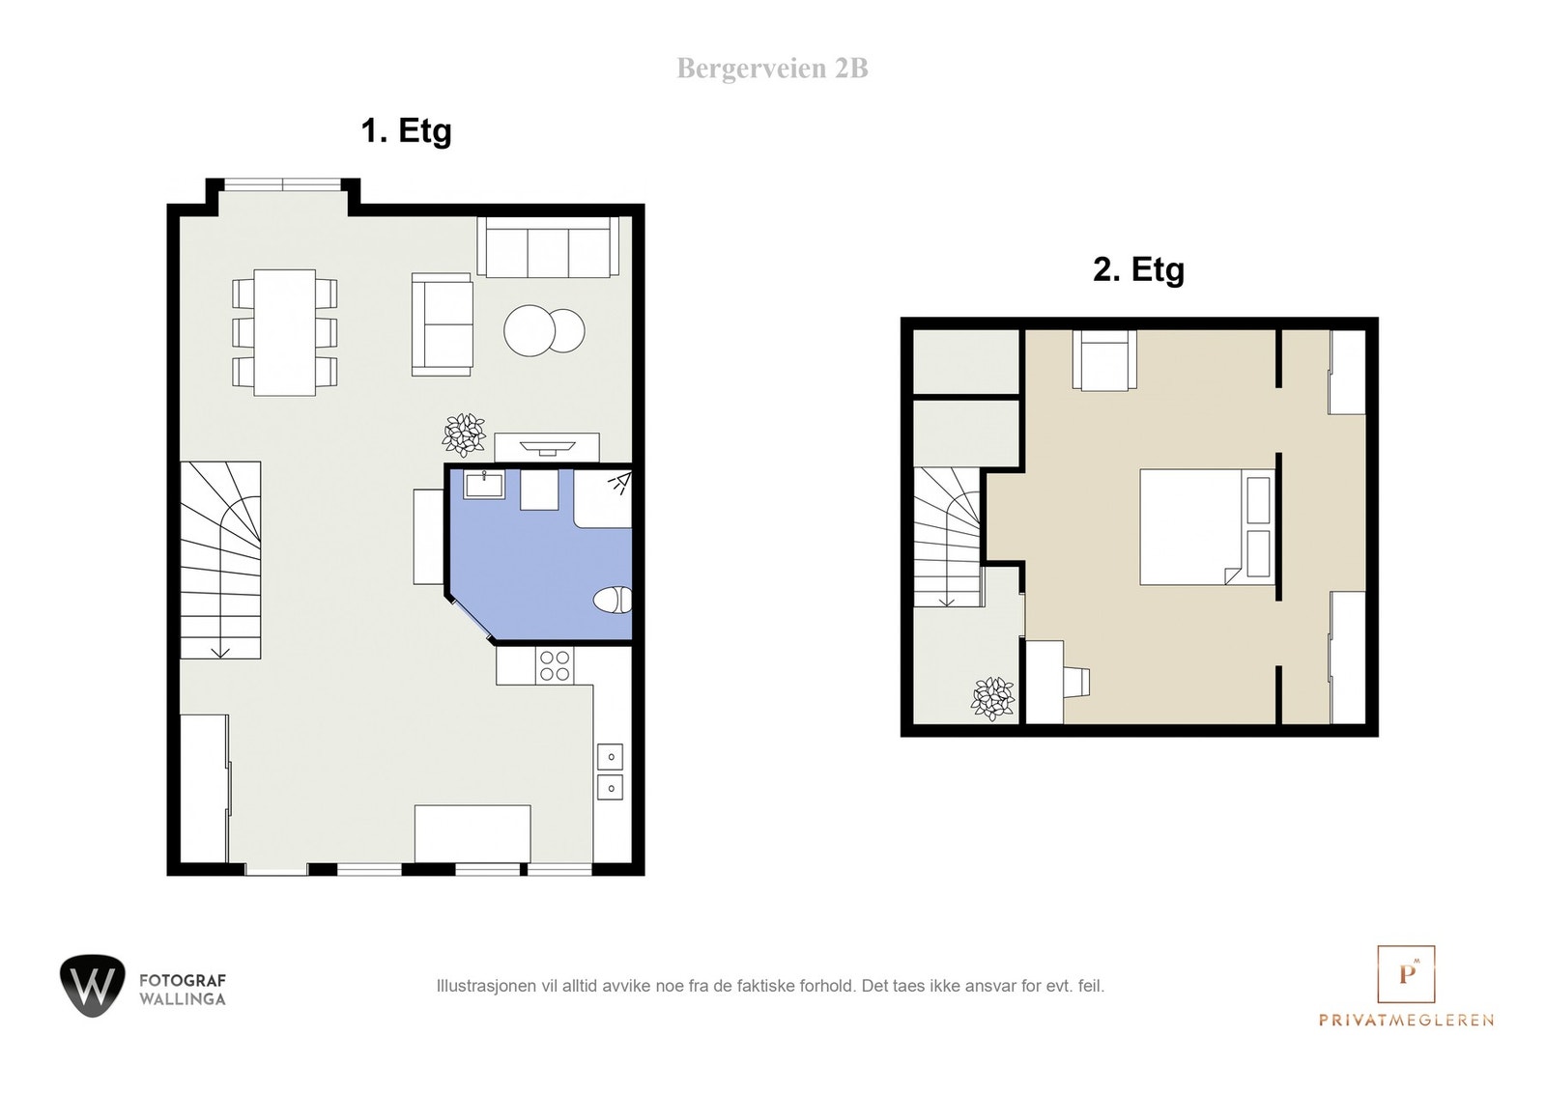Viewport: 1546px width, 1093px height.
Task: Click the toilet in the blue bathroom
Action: point(613,600)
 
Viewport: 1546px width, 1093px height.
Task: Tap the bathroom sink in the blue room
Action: point(483,484)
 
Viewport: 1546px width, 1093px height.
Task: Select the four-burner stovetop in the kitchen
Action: point(555,665)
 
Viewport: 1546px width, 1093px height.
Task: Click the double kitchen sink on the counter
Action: point(610,772)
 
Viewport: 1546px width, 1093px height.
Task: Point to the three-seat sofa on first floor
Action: point(548,248)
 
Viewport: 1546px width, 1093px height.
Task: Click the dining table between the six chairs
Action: point(284,332)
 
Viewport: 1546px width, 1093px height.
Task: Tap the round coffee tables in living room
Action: point(543,331)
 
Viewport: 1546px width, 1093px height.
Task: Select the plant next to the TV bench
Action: point(464,434)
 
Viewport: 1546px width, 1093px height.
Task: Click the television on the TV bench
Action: point(547,447)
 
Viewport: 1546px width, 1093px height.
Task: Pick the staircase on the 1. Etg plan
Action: point(220,560)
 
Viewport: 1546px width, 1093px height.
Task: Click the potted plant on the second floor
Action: point(992,698)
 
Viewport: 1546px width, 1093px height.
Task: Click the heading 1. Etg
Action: point(406,130)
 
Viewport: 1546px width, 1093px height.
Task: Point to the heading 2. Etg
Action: point(1138,269)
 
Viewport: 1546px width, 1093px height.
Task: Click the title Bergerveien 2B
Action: point(772,69)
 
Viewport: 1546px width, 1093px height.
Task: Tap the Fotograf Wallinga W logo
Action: point(93,986)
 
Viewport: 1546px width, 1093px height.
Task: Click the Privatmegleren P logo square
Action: point(1406,974)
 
